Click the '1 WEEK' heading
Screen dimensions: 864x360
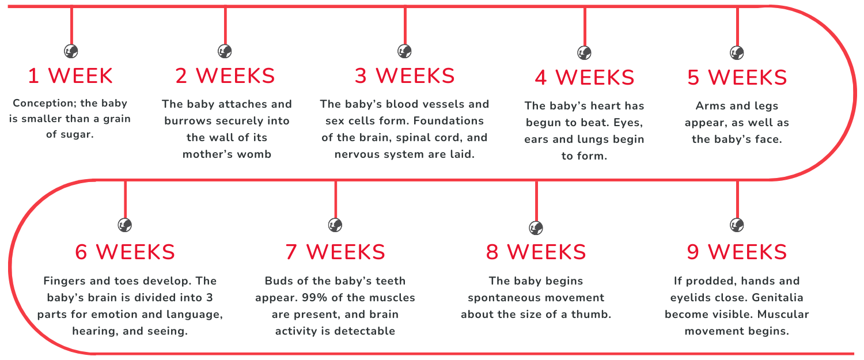pos(70,75)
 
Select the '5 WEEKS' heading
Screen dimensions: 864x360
pos(737,77)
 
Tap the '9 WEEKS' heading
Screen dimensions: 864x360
pos(737,252)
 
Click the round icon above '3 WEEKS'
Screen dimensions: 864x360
pos(404,51)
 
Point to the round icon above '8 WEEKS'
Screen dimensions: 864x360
pos(536,228)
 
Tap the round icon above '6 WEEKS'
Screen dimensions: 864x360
pos(124,225)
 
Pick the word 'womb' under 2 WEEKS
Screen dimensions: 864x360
pos(254,154)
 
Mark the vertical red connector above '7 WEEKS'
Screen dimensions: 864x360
pos(335,199)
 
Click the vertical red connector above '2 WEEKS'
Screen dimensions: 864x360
pos(225,26)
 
